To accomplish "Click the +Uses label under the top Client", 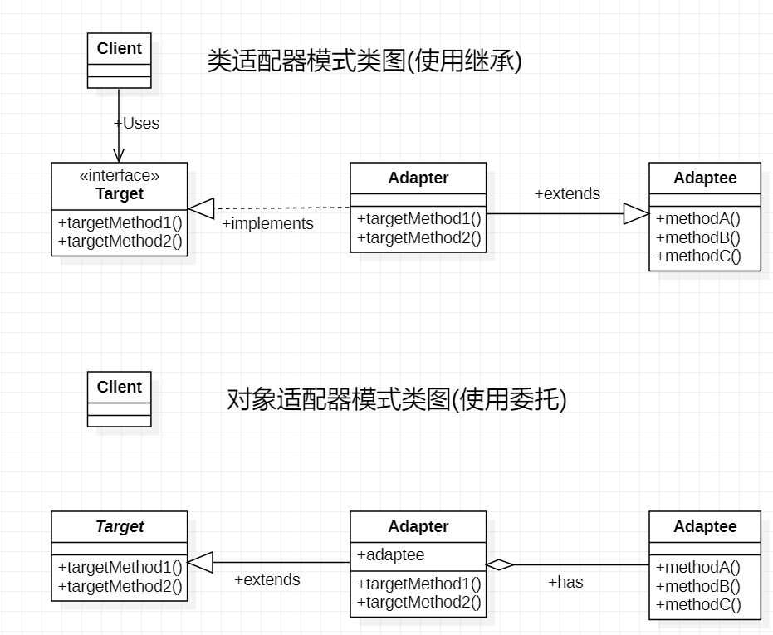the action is pyautogui.click(x=136, y=123).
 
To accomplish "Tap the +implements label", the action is pyautogui.click(x=267, y=224).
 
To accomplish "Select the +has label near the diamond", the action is pyautogui.click(x=566, y=582).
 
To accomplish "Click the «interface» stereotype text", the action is pyautogui.click(x=120, y=175).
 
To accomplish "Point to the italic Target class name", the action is pyautogui.click(x=120, y=526).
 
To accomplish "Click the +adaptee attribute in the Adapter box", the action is pyautogui.click(x=390, y=555).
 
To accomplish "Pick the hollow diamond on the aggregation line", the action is pyautogui.click(x=500, y=565).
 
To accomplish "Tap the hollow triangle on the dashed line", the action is pyautogui.click(x=201, y=208).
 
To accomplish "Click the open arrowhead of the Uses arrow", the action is pyautogui.click(x=119, y=155).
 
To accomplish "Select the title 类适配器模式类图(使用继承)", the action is pyautogui.click(x=364, y=61).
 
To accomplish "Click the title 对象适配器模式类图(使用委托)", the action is pyautogui.click(x=397, y=399).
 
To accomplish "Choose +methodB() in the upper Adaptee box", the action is pyautogui.click(x=698, y=237).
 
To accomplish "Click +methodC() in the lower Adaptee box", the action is pyautogui.click(x=698, y=605).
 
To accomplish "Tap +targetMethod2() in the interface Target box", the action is pyautogui.click(x=120, y=242).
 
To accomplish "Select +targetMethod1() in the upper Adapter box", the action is pyautogui.click(x=419, y=219).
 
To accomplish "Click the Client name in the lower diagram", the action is pyautogui.click(x=120, y=387).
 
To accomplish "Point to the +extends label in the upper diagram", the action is pyautogui.click(x=567, y=193).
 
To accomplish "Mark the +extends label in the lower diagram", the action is pyautogui.click(x=267, y=579).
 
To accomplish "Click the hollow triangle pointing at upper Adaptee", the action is pyautogui.click(x=637, y=214).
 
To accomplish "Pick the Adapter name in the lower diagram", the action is pyautogui.click(x=418, y=526).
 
